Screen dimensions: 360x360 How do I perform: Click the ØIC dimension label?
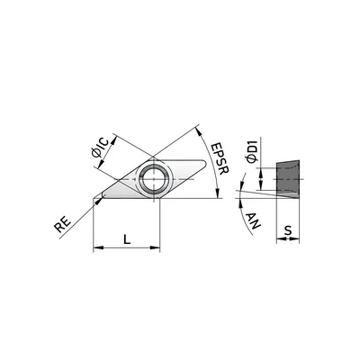click(100, 148)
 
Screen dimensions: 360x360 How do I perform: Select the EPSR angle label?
click(220, 158)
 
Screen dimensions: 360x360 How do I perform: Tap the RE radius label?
click(63, 224)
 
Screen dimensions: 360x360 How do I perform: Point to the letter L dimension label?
click(127, 239)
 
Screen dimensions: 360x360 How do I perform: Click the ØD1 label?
click(251, 151)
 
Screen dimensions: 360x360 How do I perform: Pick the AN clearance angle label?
click(254, 221)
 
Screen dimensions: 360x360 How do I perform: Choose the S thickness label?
click(288, 230)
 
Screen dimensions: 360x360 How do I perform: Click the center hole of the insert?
click(154, 179)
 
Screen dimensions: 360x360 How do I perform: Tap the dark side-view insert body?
click(288, 179)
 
